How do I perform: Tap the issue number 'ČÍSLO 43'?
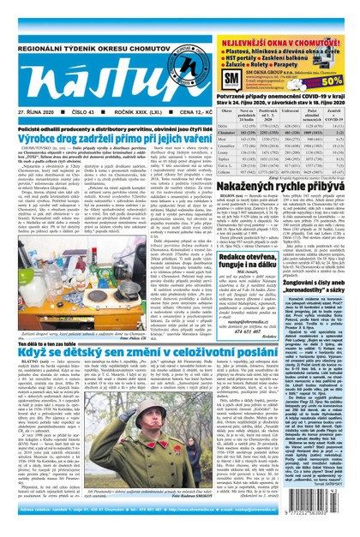coord(82,111)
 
